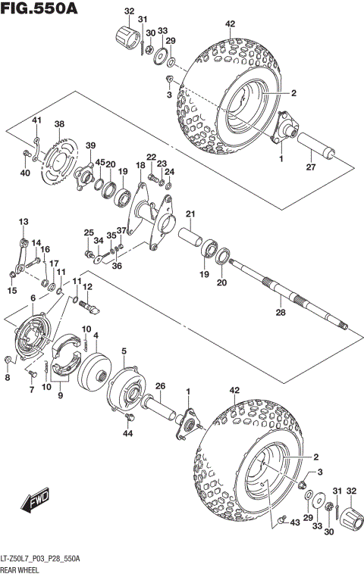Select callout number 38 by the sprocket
[59, 124]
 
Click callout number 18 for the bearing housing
[140, 165]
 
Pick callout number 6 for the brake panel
[32, 299]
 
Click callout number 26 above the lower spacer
[160, 386]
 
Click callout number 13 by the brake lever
[23, 221]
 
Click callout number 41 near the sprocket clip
[36, 120]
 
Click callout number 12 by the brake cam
[88, 287]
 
